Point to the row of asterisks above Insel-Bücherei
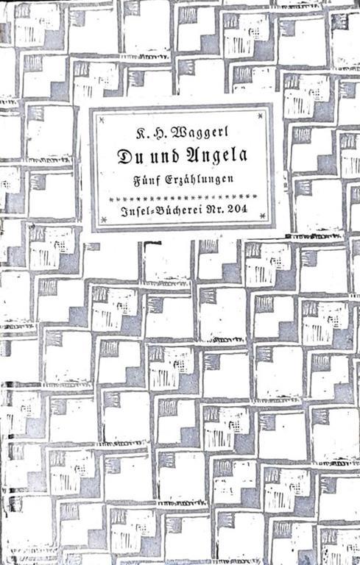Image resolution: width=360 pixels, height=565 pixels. tap(183, 196)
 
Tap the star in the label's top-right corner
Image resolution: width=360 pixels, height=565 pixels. tap(260, 116)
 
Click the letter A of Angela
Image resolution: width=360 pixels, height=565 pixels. tap(191, 155)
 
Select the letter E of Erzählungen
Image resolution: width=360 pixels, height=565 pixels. tap(168, 179)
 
